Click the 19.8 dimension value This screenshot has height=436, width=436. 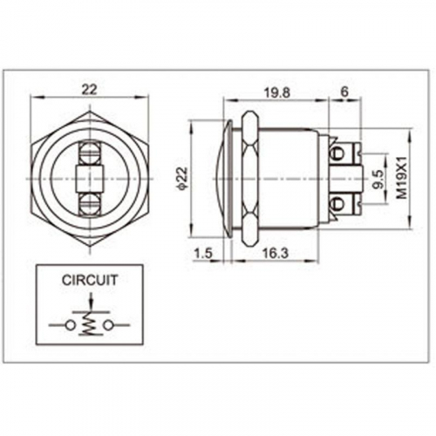pyautogui.click(x=277, y=93)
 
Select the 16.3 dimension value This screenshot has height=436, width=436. pyautogui.click(x=276, y=254)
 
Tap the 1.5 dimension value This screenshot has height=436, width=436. pyautogui.click(x=203, y=254)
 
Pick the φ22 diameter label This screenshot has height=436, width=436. pyautogui.click(x=182, y=179)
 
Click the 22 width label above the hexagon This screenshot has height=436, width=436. pyautogui.click(x=89, y=89)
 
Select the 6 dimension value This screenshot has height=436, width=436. pyautogui.click(x=344, y=92)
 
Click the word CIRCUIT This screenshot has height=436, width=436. pyautogui.click(x=90, y=280)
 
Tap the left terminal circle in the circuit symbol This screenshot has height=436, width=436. pyautogui.click(x=70, y=325)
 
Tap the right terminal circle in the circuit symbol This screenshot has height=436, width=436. pyautogui.click(x=108, y=325)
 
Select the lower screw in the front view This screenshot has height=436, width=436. pyautogui.click(x=90, y=204)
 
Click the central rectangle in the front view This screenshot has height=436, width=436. pyautogui.click(x=90, y=179)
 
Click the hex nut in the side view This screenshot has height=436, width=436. pyautogui.click(x=249, y=179)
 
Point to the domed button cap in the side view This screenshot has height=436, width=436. pyautogui.click(x=224, y=179)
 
